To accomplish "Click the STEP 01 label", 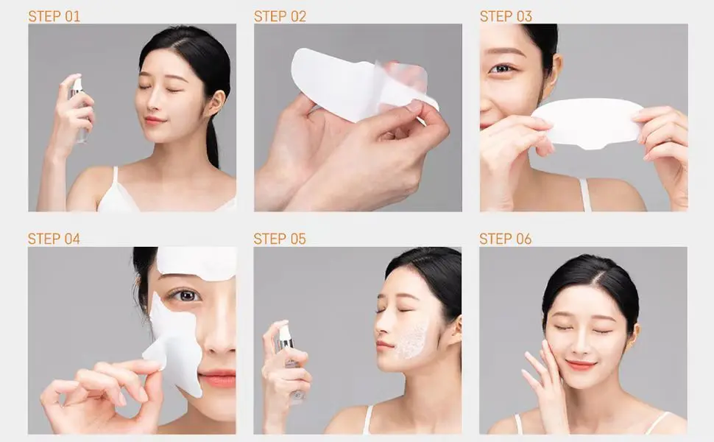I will pos(54,15).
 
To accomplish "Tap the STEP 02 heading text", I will pos(280,15).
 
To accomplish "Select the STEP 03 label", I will pos(506,15).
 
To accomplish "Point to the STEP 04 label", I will pos(54,239).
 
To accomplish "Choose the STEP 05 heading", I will pos(280,239).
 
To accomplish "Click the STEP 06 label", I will pos(506,239).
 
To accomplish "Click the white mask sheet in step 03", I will pos(589,122).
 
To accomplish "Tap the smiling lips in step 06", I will pos(581,364).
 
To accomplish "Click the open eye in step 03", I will pos(503,69).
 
